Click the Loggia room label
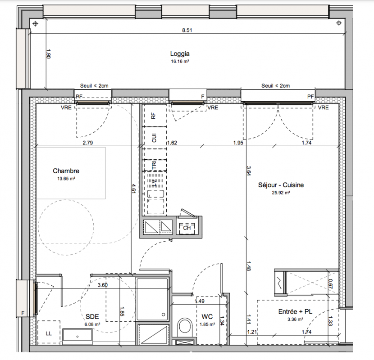point(180,54)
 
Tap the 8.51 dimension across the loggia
point(187,30)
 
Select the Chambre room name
point(66,171)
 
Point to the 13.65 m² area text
point(66,179)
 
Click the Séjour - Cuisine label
point(281,185)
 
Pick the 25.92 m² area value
point(281,193)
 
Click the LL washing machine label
point(49,333)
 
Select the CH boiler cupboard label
point(187,228)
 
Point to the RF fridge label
point(153,116)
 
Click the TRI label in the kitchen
point(154,165)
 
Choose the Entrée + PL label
point(295,312)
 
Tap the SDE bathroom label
point(92,317)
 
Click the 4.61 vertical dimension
point(134,188)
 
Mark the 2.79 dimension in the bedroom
point(88,143)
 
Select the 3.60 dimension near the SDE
point(103,285)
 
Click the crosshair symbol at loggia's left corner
point(36,23)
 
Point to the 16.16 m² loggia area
point(180,61)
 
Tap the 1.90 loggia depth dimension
point(48,54)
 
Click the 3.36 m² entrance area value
point(295,319)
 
